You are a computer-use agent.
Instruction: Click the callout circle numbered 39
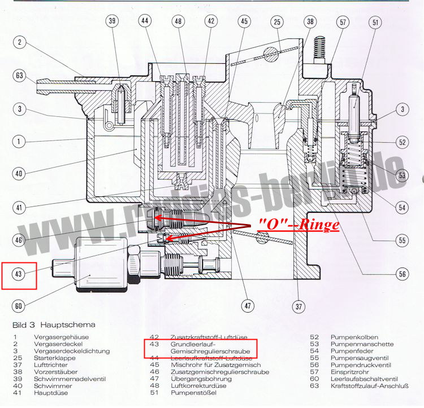tap(112, 21)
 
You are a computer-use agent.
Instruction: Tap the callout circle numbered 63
tap(19, 74)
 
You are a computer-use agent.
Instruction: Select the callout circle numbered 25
tap(277, 21)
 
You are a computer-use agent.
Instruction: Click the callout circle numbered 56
tap(402, 274)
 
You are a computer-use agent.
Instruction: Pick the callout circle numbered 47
tap(247, 306)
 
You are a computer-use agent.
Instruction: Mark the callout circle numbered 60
tap(19, 306)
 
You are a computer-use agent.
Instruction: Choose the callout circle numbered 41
tap(19, 208)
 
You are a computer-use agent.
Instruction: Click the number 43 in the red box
tap(19, 274)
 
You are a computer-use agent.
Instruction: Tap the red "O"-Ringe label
tap(298, 224)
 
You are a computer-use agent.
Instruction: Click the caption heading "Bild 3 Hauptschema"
tap(54, 325)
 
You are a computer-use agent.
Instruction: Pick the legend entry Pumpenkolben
tap(352, 337)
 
